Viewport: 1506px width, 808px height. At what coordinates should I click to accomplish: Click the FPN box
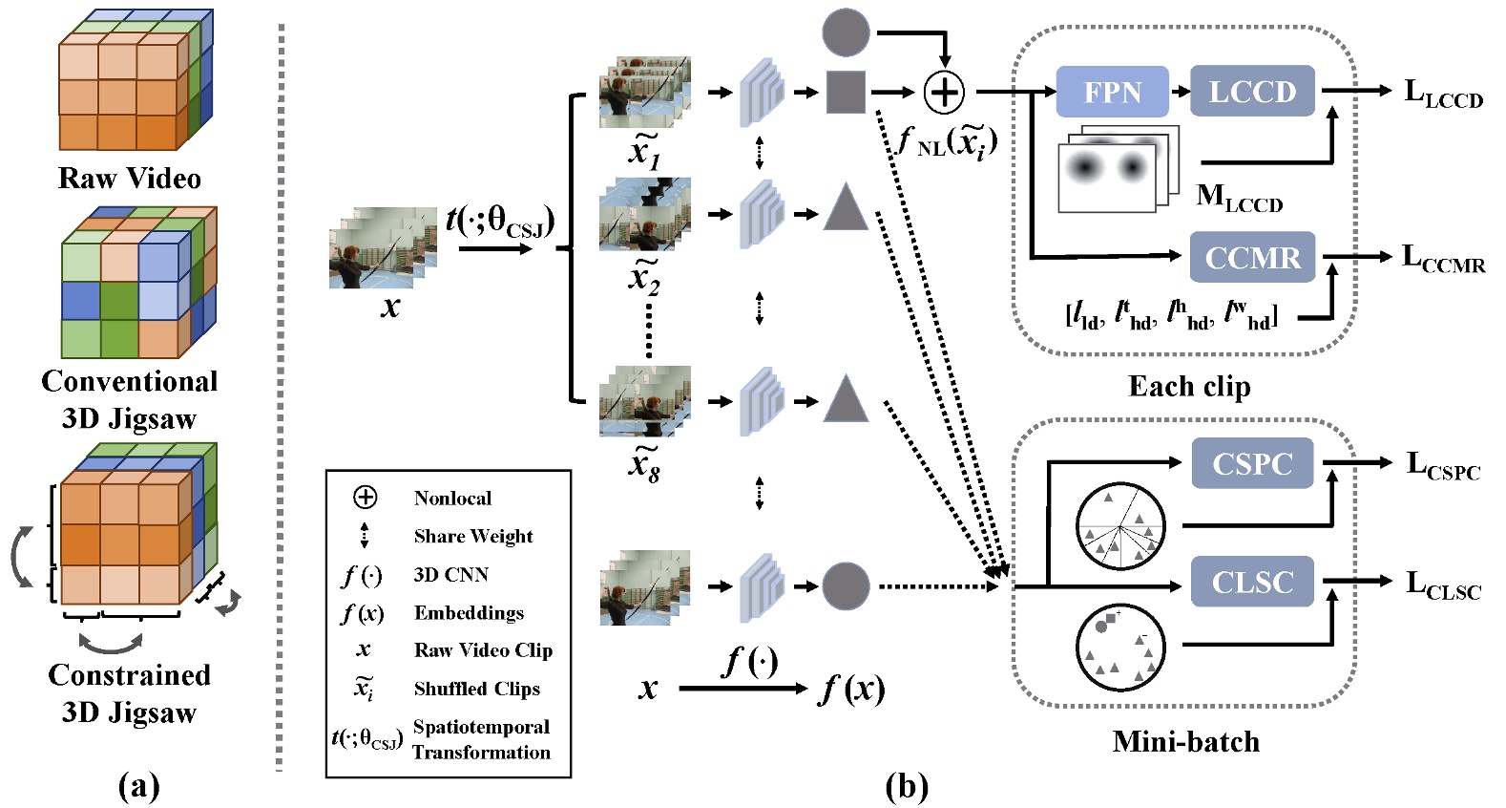(1112, 92)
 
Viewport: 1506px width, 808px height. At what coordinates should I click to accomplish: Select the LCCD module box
(1252, 92)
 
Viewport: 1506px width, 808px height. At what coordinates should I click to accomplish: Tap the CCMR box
(1252, 258)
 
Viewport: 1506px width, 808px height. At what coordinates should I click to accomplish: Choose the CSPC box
(1252, 463)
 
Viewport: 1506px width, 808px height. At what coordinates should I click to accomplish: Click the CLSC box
(1252, 582)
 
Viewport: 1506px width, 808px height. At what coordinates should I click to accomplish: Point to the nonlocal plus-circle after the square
(944, 92)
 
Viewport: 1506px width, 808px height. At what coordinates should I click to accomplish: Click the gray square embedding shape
(846, 92)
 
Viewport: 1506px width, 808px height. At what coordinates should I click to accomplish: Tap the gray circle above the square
(846, 32)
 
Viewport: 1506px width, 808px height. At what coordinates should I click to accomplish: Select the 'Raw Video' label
(130, 179)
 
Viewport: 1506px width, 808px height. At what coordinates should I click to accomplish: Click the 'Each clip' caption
(1189, 386)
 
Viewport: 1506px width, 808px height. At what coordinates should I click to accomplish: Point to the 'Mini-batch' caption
(1185, 742)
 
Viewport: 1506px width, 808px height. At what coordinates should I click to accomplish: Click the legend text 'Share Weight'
(473, 537)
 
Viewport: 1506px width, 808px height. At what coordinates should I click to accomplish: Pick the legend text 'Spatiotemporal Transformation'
(481, 739)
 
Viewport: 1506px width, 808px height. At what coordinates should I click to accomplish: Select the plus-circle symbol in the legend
(365, 498)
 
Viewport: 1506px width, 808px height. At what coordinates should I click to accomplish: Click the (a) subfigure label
(138, 787)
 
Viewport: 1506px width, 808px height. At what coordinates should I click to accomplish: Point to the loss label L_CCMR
(1443, 258)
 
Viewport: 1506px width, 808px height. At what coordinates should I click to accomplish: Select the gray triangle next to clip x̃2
(846, 209)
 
